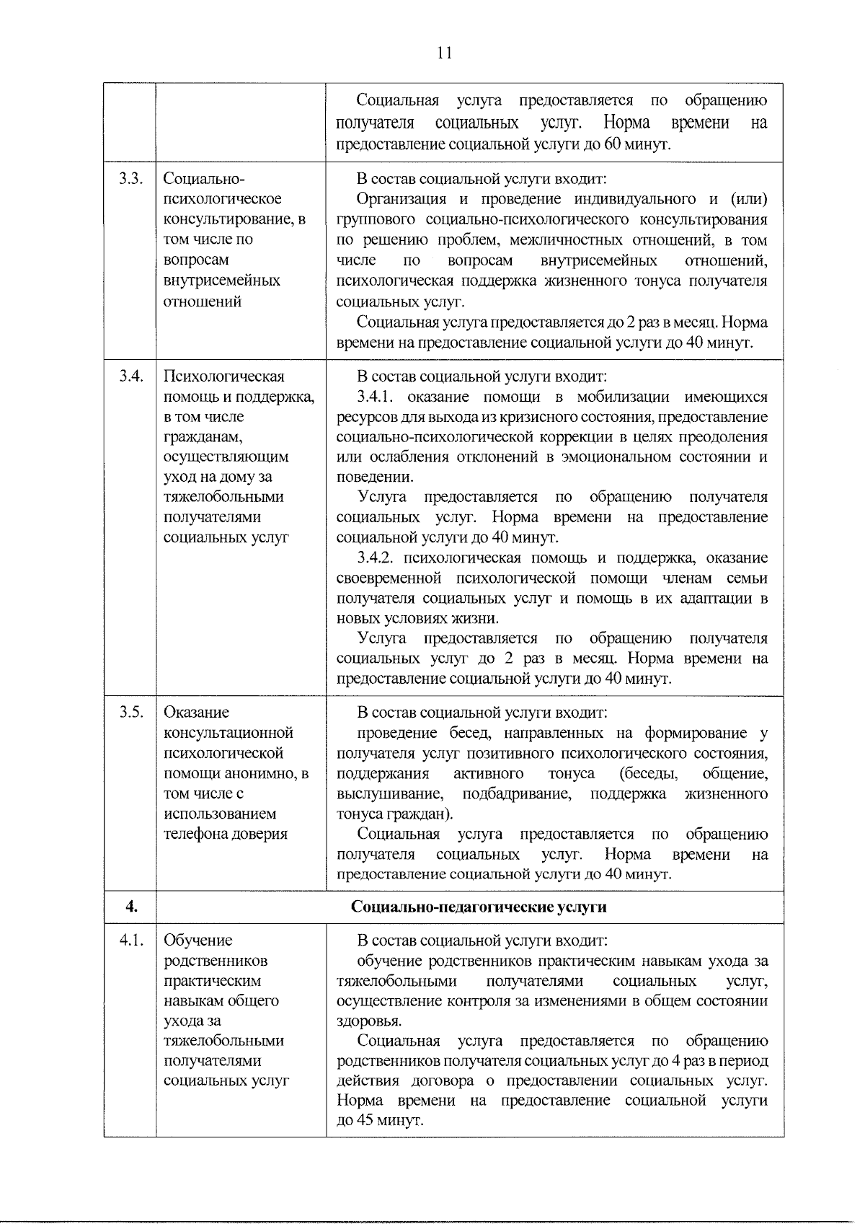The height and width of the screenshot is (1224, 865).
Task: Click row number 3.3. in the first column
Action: [x=130, y=179]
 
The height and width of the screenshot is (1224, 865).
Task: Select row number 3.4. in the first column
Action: [x=130, y=376]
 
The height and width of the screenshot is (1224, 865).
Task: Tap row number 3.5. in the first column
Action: [x=130, y=712]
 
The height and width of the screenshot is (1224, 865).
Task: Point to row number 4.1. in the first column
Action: [x=130, y=940]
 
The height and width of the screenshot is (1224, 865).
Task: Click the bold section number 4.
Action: [x=130, y=907]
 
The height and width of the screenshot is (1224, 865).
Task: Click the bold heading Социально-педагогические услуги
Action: [x=479, y=907]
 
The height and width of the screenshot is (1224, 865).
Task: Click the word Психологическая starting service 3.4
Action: [x=224, y=376]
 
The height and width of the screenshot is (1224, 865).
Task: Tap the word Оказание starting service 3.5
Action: [x=196, y=712]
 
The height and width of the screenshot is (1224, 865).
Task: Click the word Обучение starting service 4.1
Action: [x=198, y=940]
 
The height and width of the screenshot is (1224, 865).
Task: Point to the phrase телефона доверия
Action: [x=226, y=834]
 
